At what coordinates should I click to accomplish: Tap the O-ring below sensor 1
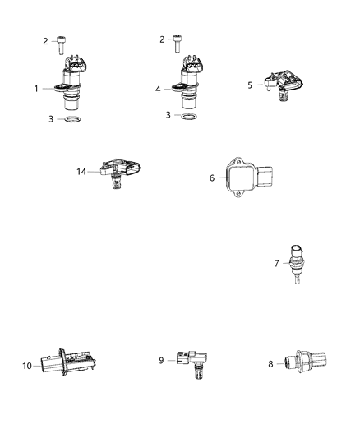coord(72,120)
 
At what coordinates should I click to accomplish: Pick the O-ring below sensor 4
coord(189,118)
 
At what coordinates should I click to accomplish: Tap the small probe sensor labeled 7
coord(295,265)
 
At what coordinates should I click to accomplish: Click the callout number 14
coord(81,172)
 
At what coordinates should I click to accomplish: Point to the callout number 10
coord(26,365)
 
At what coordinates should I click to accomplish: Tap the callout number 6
coord(211,176)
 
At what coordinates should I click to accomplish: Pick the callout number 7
coord(277,263)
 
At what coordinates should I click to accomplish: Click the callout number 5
coord(251,84)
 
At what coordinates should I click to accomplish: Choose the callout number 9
coord(161,359)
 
